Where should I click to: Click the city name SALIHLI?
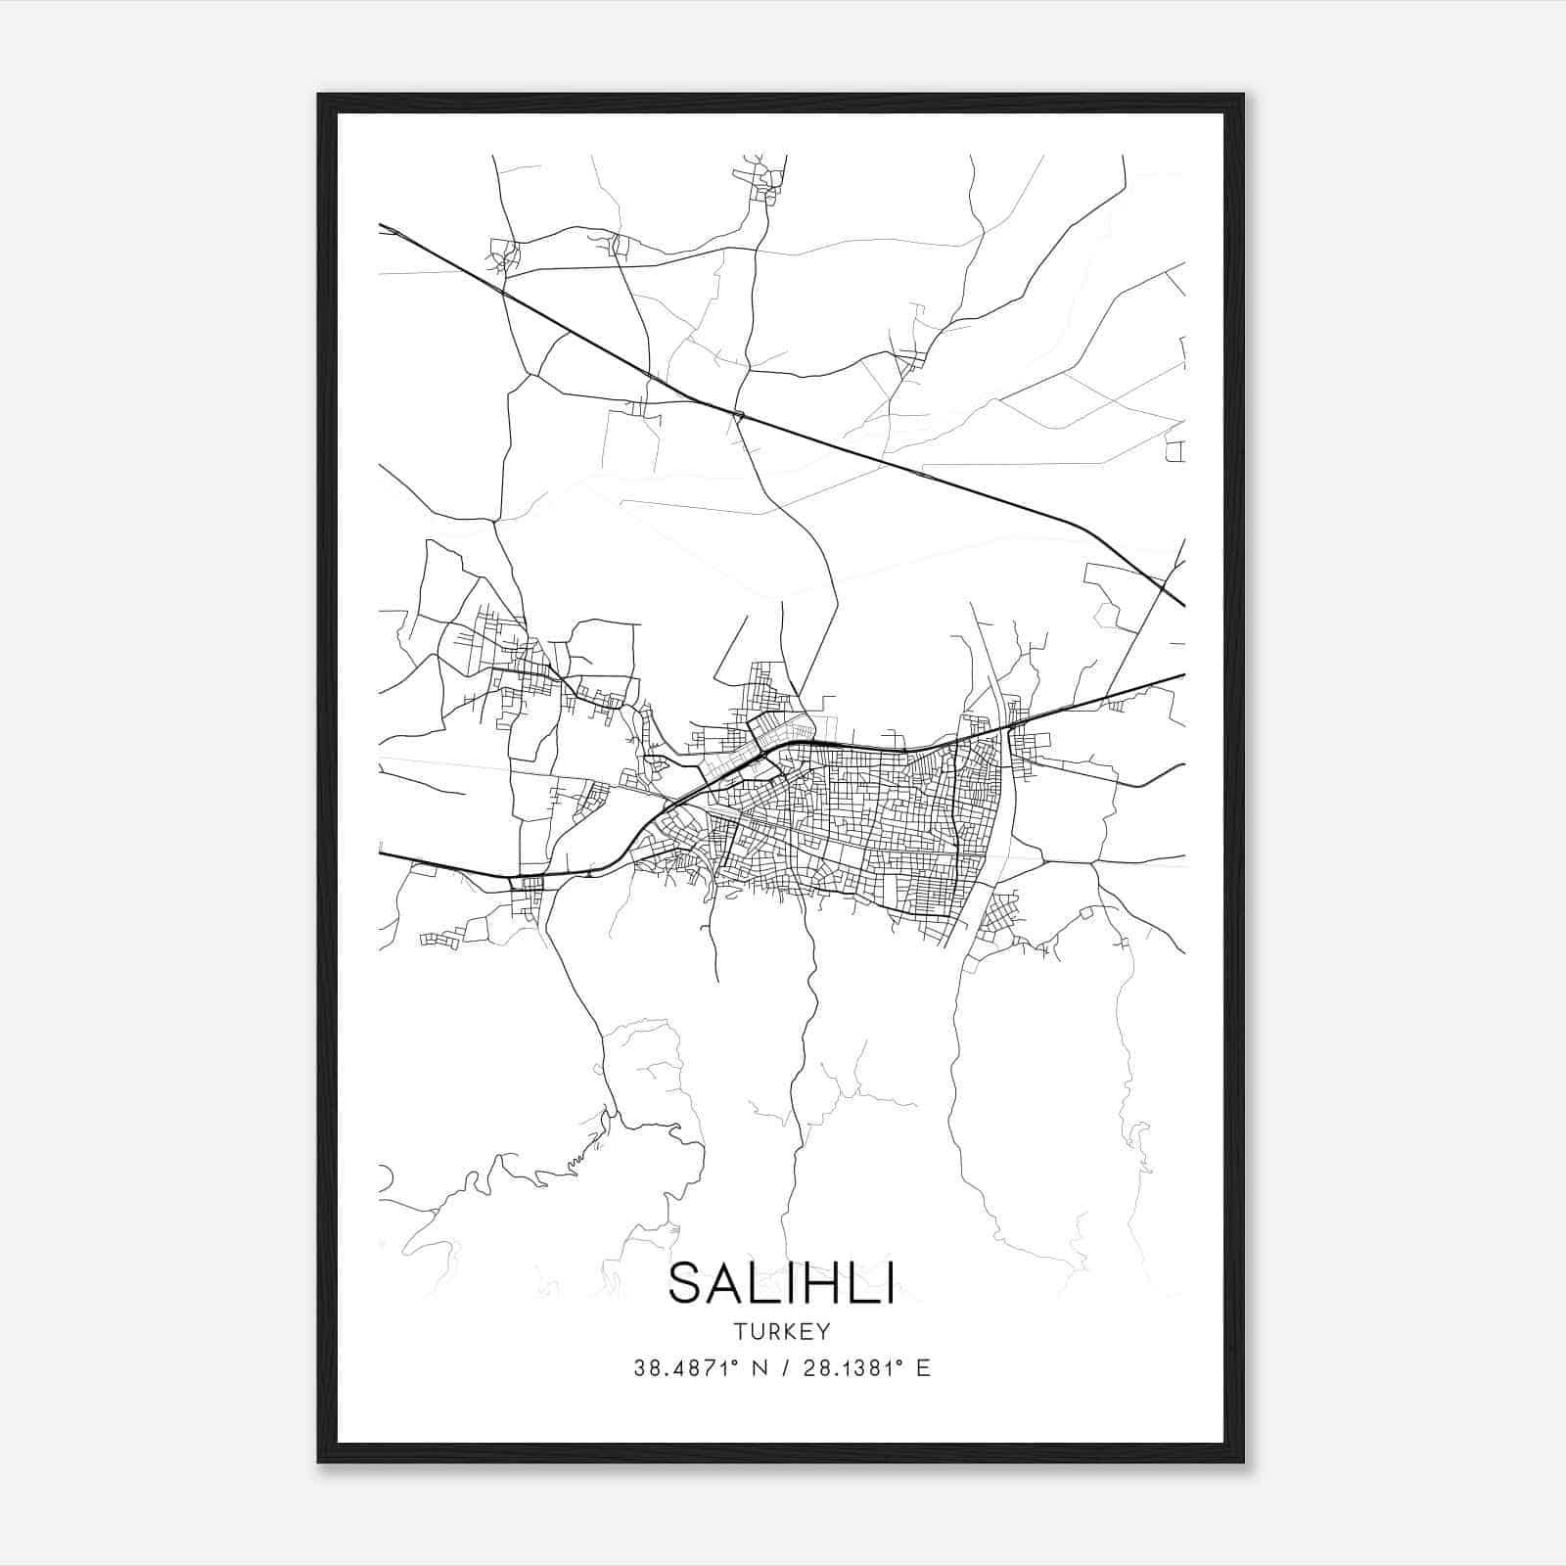click(781, 1283)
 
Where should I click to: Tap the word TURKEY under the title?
click(781, 1332)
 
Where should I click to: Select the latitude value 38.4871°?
click(684, 1368)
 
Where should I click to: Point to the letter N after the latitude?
click(758, 1368)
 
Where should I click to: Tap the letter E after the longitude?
click(923, 1368)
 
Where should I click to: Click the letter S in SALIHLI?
click(686, 1283)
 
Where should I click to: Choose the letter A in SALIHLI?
click(725, 1283)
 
